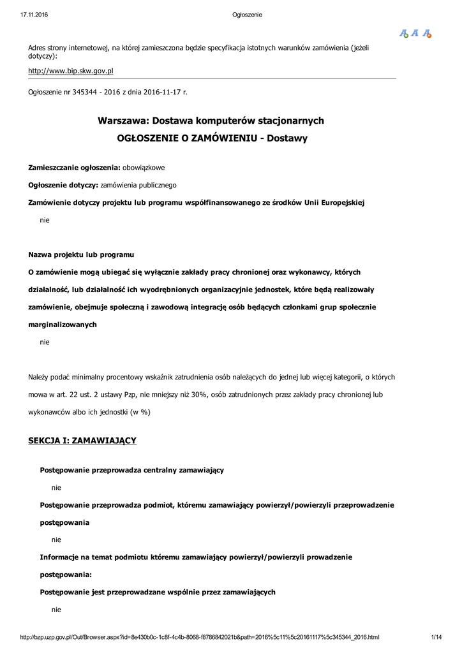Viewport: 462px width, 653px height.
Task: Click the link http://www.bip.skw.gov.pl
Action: pos(70,71)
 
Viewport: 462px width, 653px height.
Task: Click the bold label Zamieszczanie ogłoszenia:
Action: pos(74,168)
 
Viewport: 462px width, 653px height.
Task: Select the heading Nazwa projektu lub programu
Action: pos(81,255)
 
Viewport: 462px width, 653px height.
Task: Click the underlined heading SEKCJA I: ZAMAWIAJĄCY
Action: pos(82,441)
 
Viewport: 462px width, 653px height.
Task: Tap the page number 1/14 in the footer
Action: pos(437,637)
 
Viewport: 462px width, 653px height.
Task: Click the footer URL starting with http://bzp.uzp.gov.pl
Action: pos(200,637)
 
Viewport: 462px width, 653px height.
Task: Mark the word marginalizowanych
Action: pos(63,325)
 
